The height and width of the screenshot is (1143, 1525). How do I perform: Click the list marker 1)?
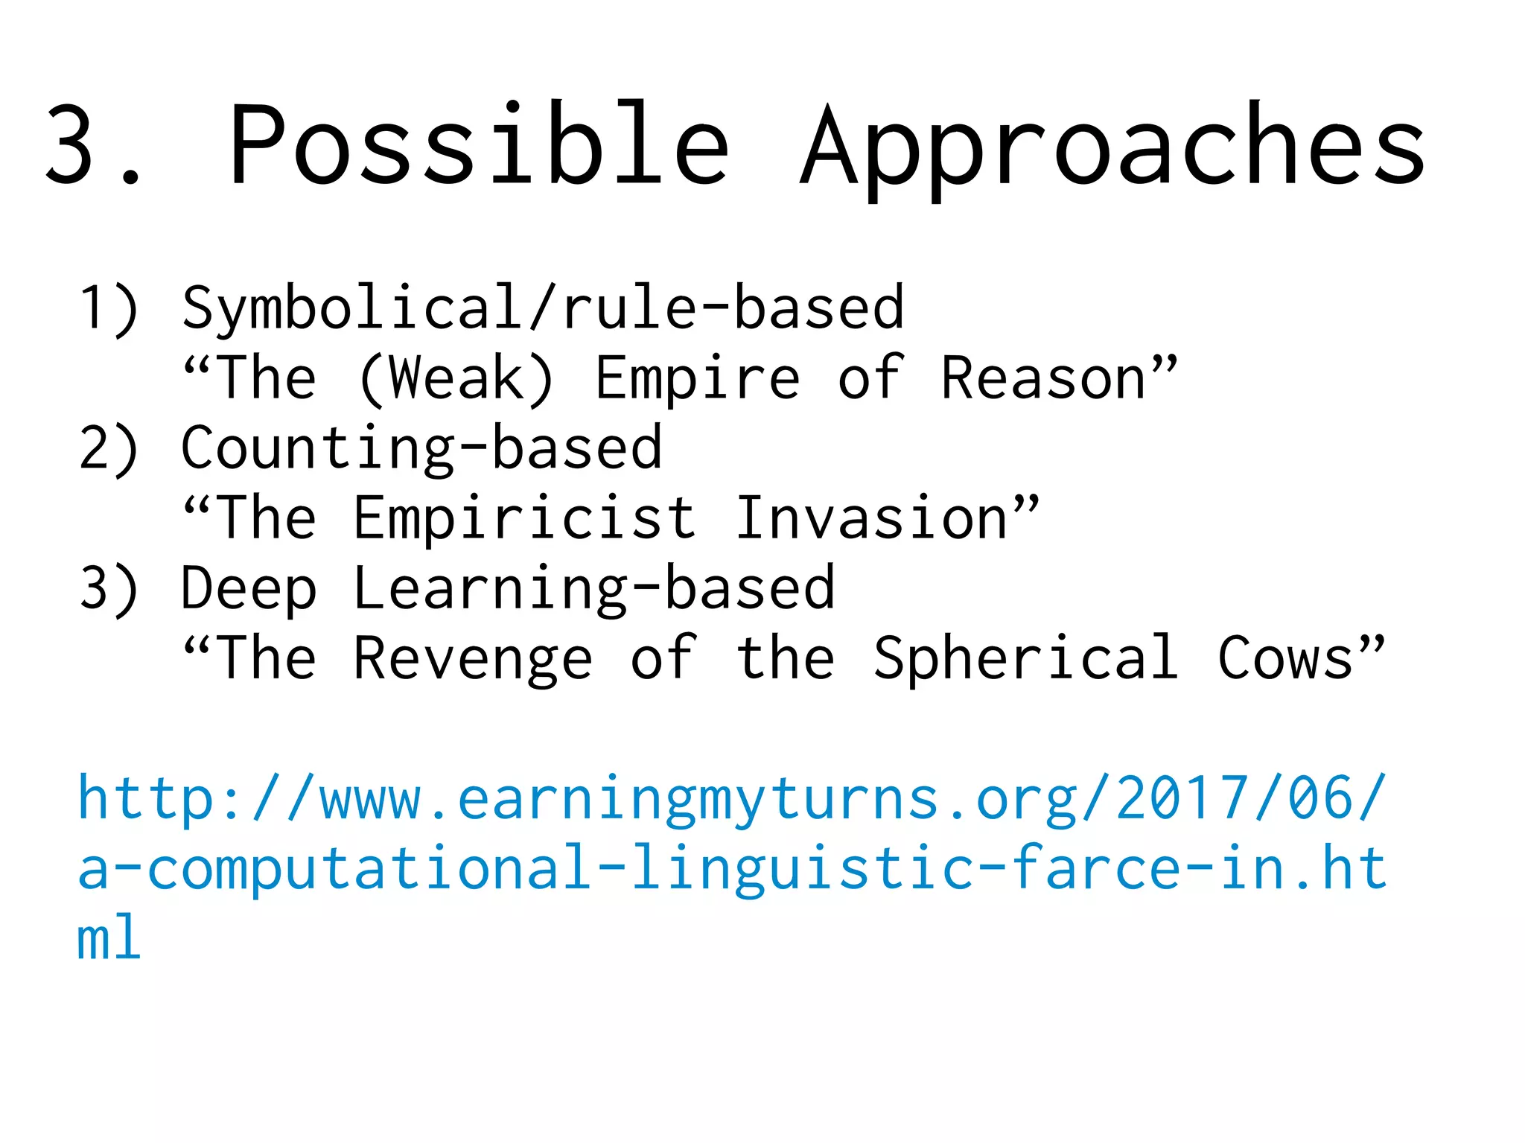tap(109, 308)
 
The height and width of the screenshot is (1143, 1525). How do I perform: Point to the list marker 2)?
tap(109, 448)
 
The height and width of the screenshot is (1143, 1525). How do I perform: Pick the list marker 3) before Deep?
tap(109, 588)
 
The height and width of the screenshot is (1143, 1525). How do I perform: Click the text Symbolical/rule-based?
tap(543, 308)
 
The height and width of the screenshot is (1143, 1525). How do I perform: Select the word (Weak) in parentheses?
tap(456, 378)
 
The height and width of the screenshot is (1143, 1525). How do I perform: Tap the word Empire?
tap(698, 378)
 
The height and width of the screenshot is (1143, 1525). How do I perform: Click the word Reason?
tap(1043, 378)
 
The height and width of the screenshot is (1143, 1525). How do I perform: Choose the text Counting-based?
tap(421, 448)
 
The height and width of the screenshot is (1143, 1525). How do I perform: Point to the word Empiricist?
tap(525, 518)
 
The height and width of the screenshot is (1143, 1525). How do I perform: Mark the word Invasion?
tap(871, 518)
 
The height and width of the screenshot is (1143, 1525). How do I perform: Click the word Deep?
tap(249, 588)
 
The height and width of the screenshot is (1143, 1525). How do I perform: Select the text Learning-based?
tap(593, 588)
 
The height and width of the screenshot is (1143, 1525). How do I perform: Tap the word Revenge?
tap(473, 658)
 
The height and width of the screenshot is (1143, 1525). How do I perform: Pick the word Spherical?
tap(1025, 658)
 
